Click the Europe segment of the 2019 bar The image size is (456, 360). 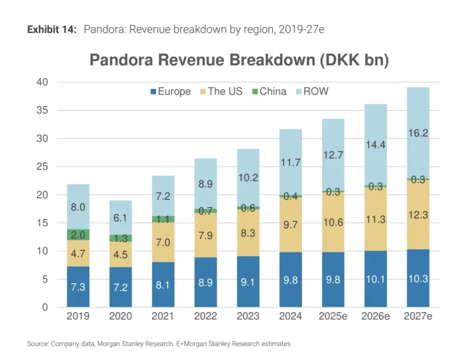tap(78, 287)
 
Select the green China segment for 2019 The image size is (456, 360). tap(78, 235)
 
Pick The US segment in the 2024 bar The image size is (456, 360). tap(291, 224)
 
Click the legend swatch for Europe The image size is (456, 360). tap(153, 92)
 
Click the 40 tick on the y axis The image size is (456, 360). tap(42, 82)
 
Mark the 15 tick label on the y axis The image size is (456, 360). tap(42, 223)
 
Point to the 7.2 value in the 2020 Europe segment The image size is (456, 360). tap(120, 288)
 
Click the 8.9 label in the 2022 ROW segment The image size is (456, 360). tap(206, 184)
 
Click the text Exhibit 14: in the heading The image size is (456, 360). tap(52, 30)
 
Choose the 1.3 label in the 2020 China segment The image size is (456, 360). tap(120, 239)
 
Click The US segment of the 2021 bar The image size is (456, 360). tap(163, 242)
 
